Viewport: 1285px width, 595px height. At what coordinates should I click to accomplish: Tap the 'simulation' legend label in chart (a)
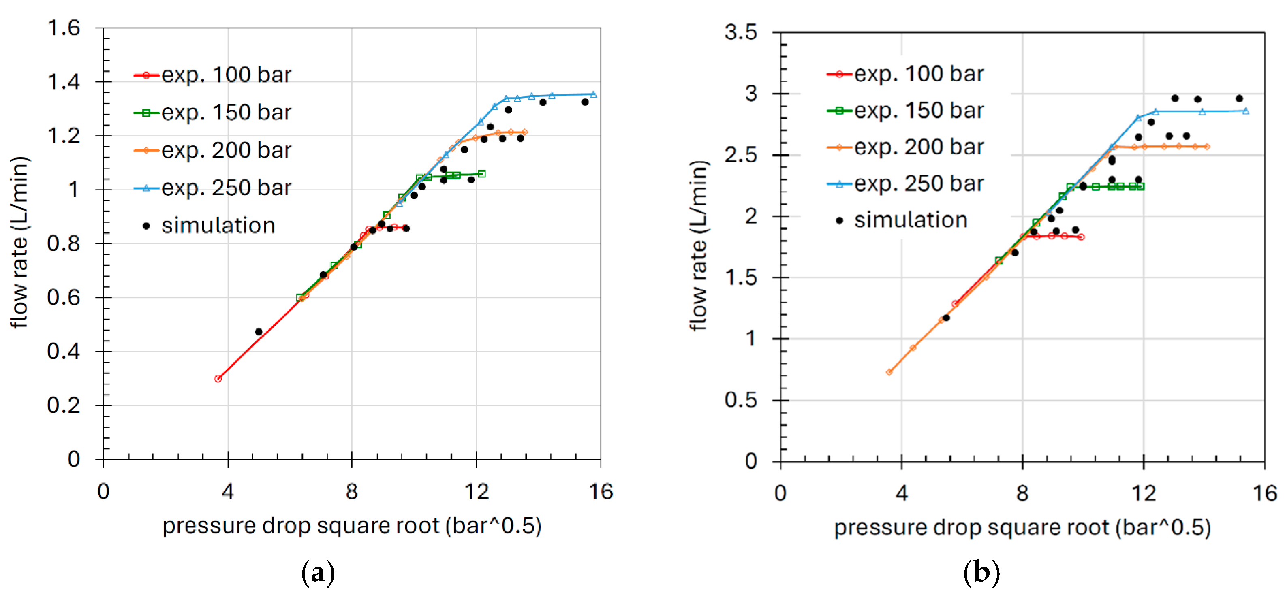pos(218,226)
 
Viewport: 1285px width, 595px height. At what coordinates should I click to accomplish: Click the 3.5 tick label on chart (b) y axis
pos(741,32)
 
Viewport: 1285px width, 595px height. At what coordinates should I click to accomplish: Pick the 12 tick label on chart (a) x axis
pos(477,492)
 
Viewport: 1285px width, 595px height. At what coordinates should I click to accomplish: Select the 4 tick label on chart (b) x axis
pos(901,493)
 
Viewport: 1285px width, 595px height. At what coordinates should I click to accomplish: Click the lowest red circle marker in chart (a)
pos(218,379)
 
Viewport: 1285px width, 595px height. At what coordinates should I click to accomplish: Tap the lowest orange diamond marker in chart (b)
pos(889,372)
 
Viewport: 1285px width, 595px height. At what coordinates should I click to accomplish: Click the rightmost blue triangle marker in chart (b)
pos(1246,111)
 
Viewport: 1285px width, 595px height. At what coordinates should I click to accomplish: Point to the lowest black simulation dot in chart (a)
pos(259,332)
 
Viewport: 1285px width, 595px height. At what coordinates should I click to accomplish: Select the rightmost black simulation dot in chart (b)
pos(1239,98)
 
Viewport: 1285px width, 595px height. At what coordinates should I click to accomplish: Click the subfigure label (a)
pos(318,573)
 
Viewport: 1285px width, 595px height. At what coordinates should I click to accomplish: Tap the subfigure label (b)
pos(981,573)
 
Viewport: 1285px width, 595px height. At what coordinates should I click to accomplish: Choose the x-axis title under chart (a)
pos(352,526)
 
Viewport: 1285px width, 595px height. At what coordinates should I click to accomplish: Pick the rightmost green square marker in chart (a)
pos(481,174)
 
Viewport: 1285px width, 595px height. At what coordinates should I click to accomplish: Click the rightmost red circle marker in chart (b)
pos(1080,237)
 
